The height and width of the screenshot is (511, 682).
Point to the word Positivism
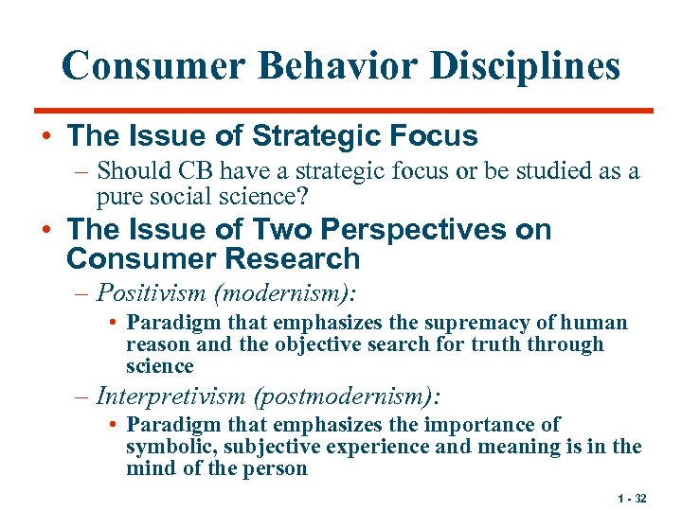154,292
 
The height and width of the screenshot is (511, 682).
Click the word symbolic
168,448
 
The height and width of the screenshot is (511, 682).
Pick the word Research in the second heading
298,258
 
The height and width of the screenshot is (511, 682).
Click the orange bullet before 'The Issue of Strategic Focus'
46,136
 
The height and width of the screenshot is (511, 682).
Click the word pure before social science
118,196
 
